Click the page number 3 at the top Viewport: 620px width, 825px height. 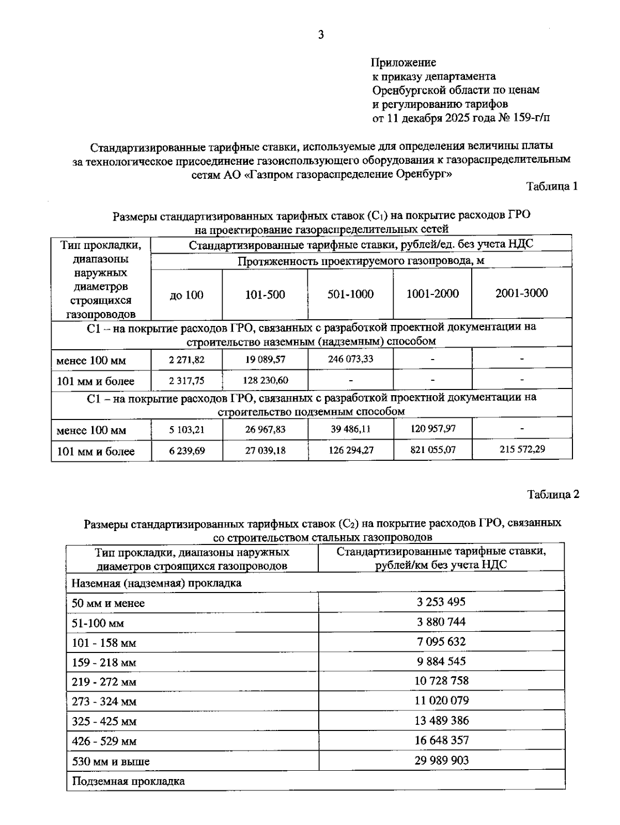point(321,35)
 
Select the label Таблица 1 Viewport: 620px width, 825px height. point(552,186)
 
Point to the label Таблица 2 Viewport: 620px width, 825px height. point(553,494)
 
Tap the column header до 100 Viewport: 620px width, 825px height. point(187,295)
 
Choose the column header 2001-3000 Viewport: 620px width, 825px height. point(521,293)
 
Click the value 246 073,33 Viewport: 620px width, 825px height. point(350,359)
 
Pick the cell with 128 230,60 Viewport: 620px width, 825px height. point(265,381)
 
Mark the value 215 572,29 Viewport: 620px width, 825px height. point(522,449)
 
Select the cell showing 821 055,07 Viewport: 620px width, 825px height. point(432,449)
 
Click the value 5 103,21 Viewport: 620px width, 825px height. point(187,429)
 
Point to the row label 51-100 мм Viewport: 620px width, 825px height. point(98,624)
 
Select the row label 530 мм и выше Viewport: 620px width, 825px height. point(111,761)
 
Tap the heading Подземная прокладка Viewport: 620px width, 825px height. point(128,781)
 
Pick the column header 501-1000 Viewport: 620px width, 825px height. point(350,294)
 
